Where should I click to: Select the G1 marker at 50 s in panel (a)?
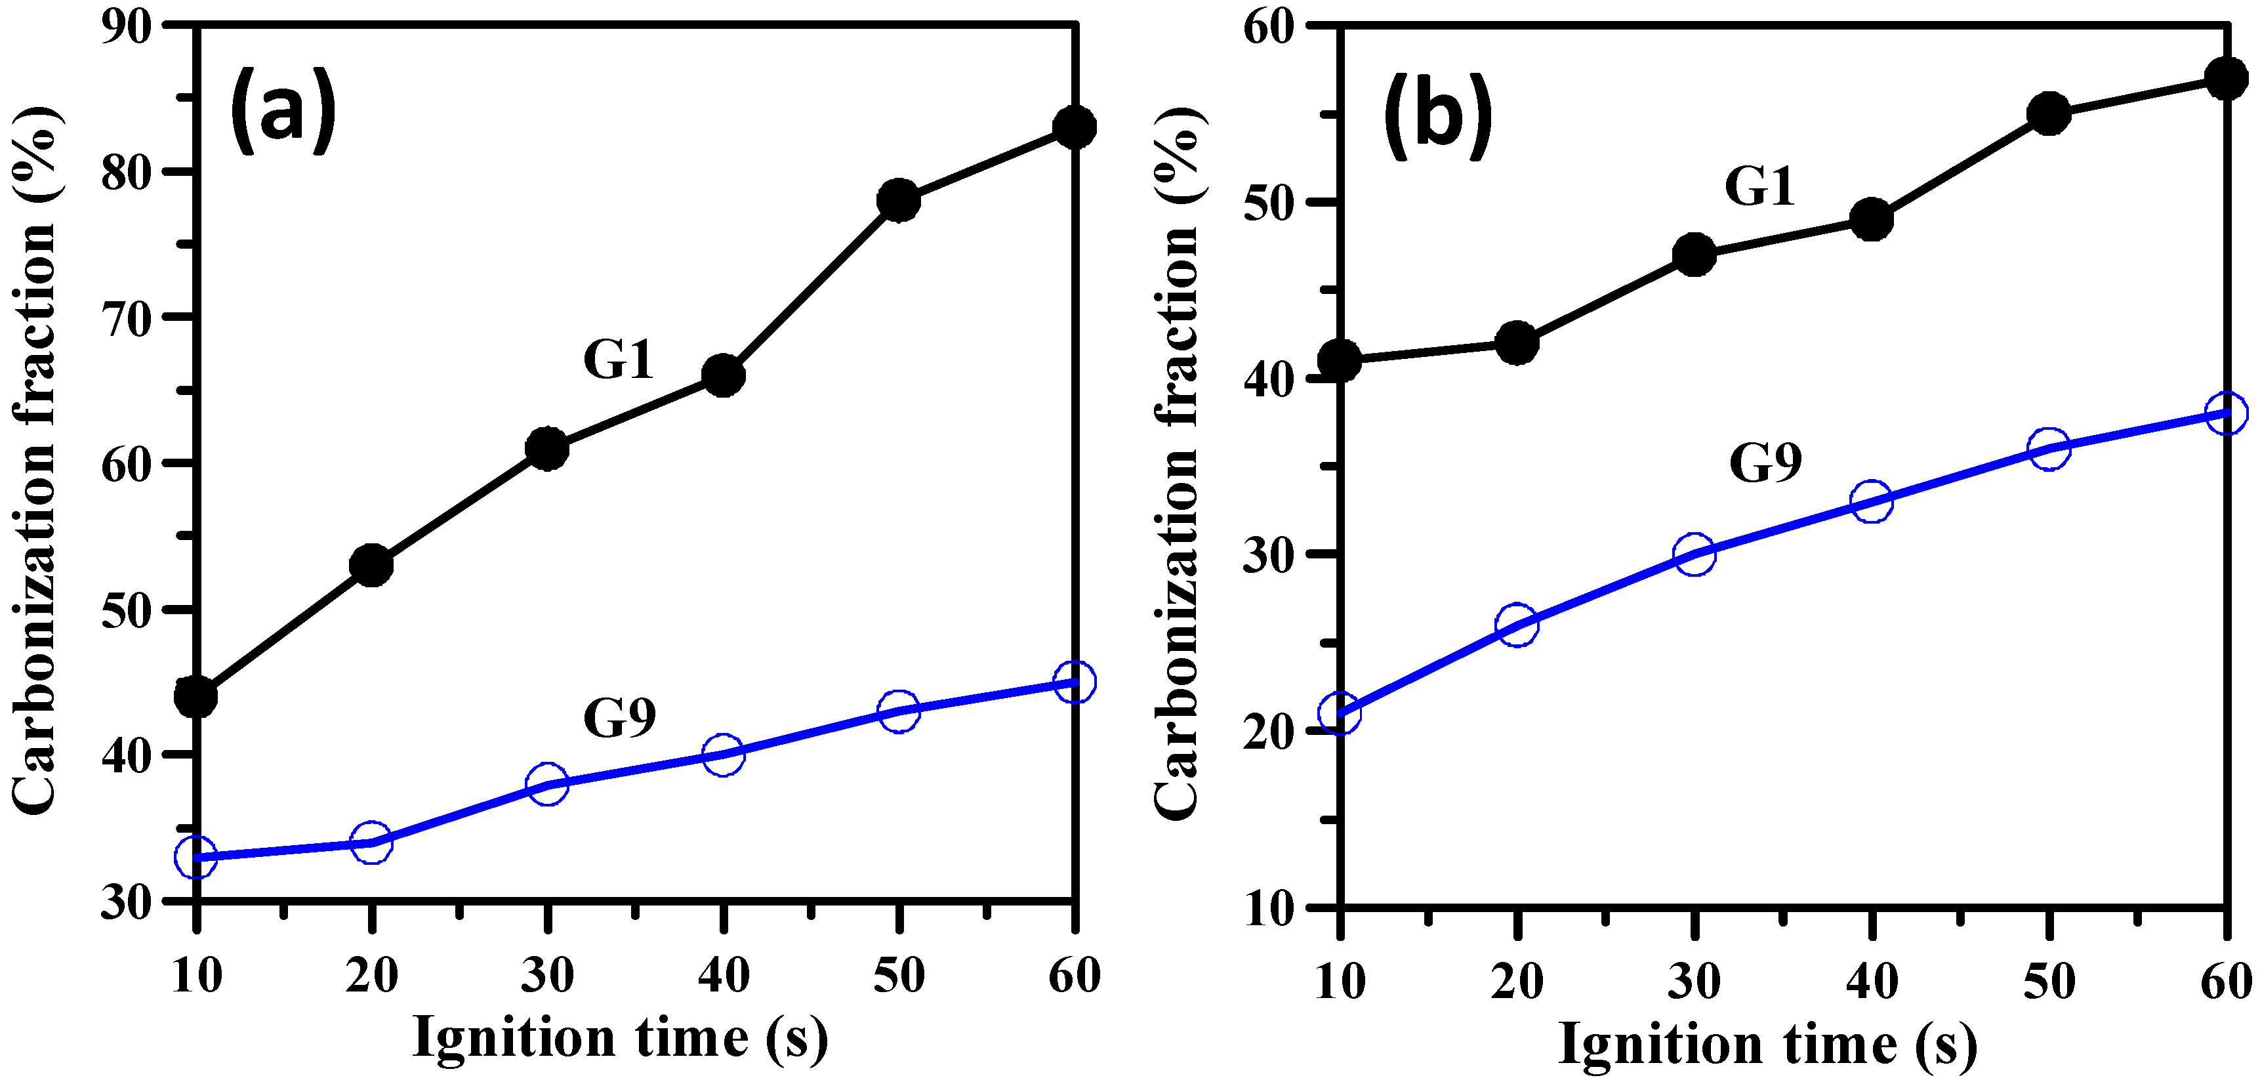point(898,200)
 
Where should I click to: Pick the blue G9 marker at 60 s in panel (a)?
point(1074,682)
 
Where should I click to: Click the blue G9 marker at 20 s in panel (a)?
point(371,843)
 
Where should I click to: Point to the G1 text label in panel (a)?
point(619,359)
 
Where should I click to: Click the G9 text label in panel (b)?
point(1765,463)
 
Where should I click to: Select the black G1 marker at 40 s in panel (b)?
point(1872,219)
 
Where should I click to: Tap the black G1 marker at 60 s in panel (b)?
point(2226,79)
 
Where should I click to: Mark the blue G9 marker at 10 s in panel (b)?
point(1340,713)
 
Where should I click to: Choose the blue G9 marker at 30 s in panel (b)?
point(1694,554)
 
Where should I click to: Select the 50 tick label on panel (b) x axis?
point(2049,980)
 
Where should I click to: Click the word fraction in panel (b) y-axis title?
point(1176,333)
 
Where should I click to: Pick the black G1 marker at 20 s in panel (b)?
point(1517,343)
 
